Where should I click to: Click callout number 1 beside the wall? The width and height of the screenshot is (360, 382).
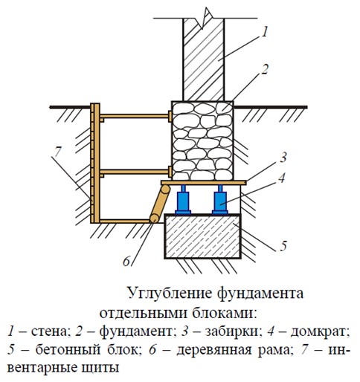pyautogui.click(x=265, y=33)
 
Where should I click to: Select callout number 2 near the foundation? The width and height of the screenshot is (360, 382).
pyautogui.click(x=265, y=70)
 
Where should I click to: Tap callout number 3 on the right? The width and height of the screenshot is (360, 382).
pyautogui.click(x=283, y=157)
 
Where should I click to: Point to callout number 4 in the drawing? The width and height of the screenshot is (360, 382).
pyautogui.click(x=282, y=178)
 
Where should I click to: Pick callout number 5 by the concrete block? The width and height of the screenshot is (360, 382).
pyautogui.click(x=283, y=245)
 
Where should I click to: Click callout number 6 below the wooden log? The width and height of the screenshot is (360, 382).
pyautogui.click(x=126, y=261)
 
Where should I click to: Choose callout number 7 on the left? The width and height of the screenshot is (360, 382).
pyautogui.click(x=57, y=152)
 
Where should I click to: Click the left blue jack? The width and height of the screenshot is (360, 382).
pyautogui.click(x=183, y=200)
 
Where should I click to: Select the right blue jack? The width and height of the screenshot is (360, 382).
pyautogui.click(x=220, y=200)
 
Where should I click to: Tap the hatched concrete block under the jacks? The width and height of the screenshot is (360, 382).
pyautogui.click(x=202, y=236)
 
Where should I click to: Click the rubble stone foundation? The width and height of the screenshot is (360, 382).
pyautogui.click(x=202, y=140)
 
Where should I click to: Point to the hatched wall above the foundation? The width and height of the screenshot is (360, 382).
pyautogui.click(x=204, y=59)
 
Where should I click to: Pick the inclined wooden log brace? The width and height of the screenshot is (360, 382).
pyautogui.click(x=160, y=204)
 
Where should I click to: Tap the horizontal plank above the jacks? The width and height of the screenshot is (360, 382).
pyautogui.click(x=204, y=183)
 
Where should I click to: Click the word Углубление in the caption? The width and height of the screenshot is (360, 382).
pyautogui.click(x=170, y=293)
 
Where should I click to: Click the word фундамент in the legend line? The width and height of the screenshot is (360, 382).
pyautogui.click(x=135, y=331)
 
